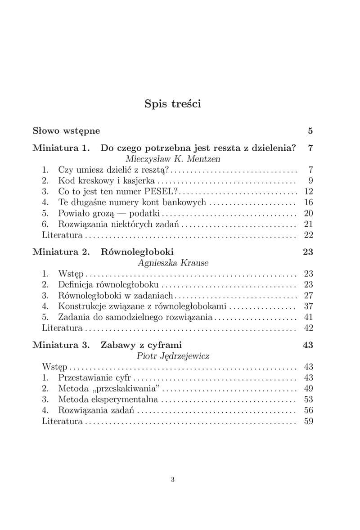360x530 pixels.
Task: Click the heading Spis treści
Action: [x=173, y=104]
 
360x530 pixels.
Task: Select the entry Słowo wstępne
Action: [x=66, y=131]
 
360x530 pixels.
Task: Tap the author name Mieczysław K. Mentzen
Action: [x=173, y=159]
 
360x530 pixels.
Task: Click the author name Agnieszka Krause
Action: [x=173, y=263]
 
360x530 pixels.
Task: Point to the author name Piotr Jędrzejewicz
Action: [x=173, y=356]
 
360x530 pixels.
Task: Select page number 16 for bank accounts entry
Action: [x=308, y=202]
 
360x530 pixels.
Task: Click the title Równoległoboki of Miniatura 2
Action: [x=137, y=252]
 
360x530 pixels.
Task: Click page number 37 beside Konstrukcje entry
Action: [x=308, y=306]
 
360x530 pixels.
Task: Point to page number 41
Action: [x=308, y=317]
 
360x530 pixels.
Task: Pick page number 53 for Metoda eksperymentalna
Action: [x=308, y=399]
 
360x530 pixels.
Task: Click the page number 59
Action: [x=308, y=421]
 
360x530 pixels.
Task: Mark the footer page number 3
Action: [x=173, y=480]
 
